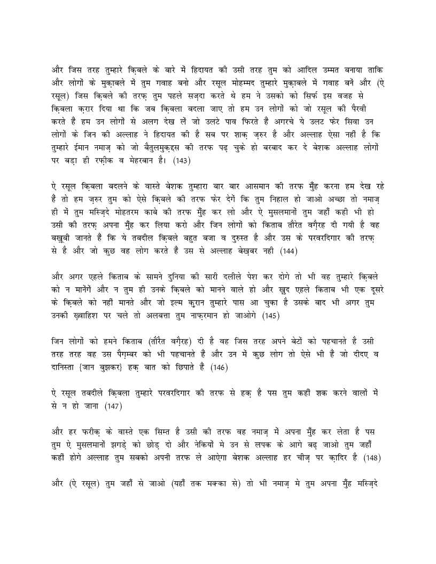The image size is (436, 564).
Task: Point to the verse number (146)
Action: tap(220, 367)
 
